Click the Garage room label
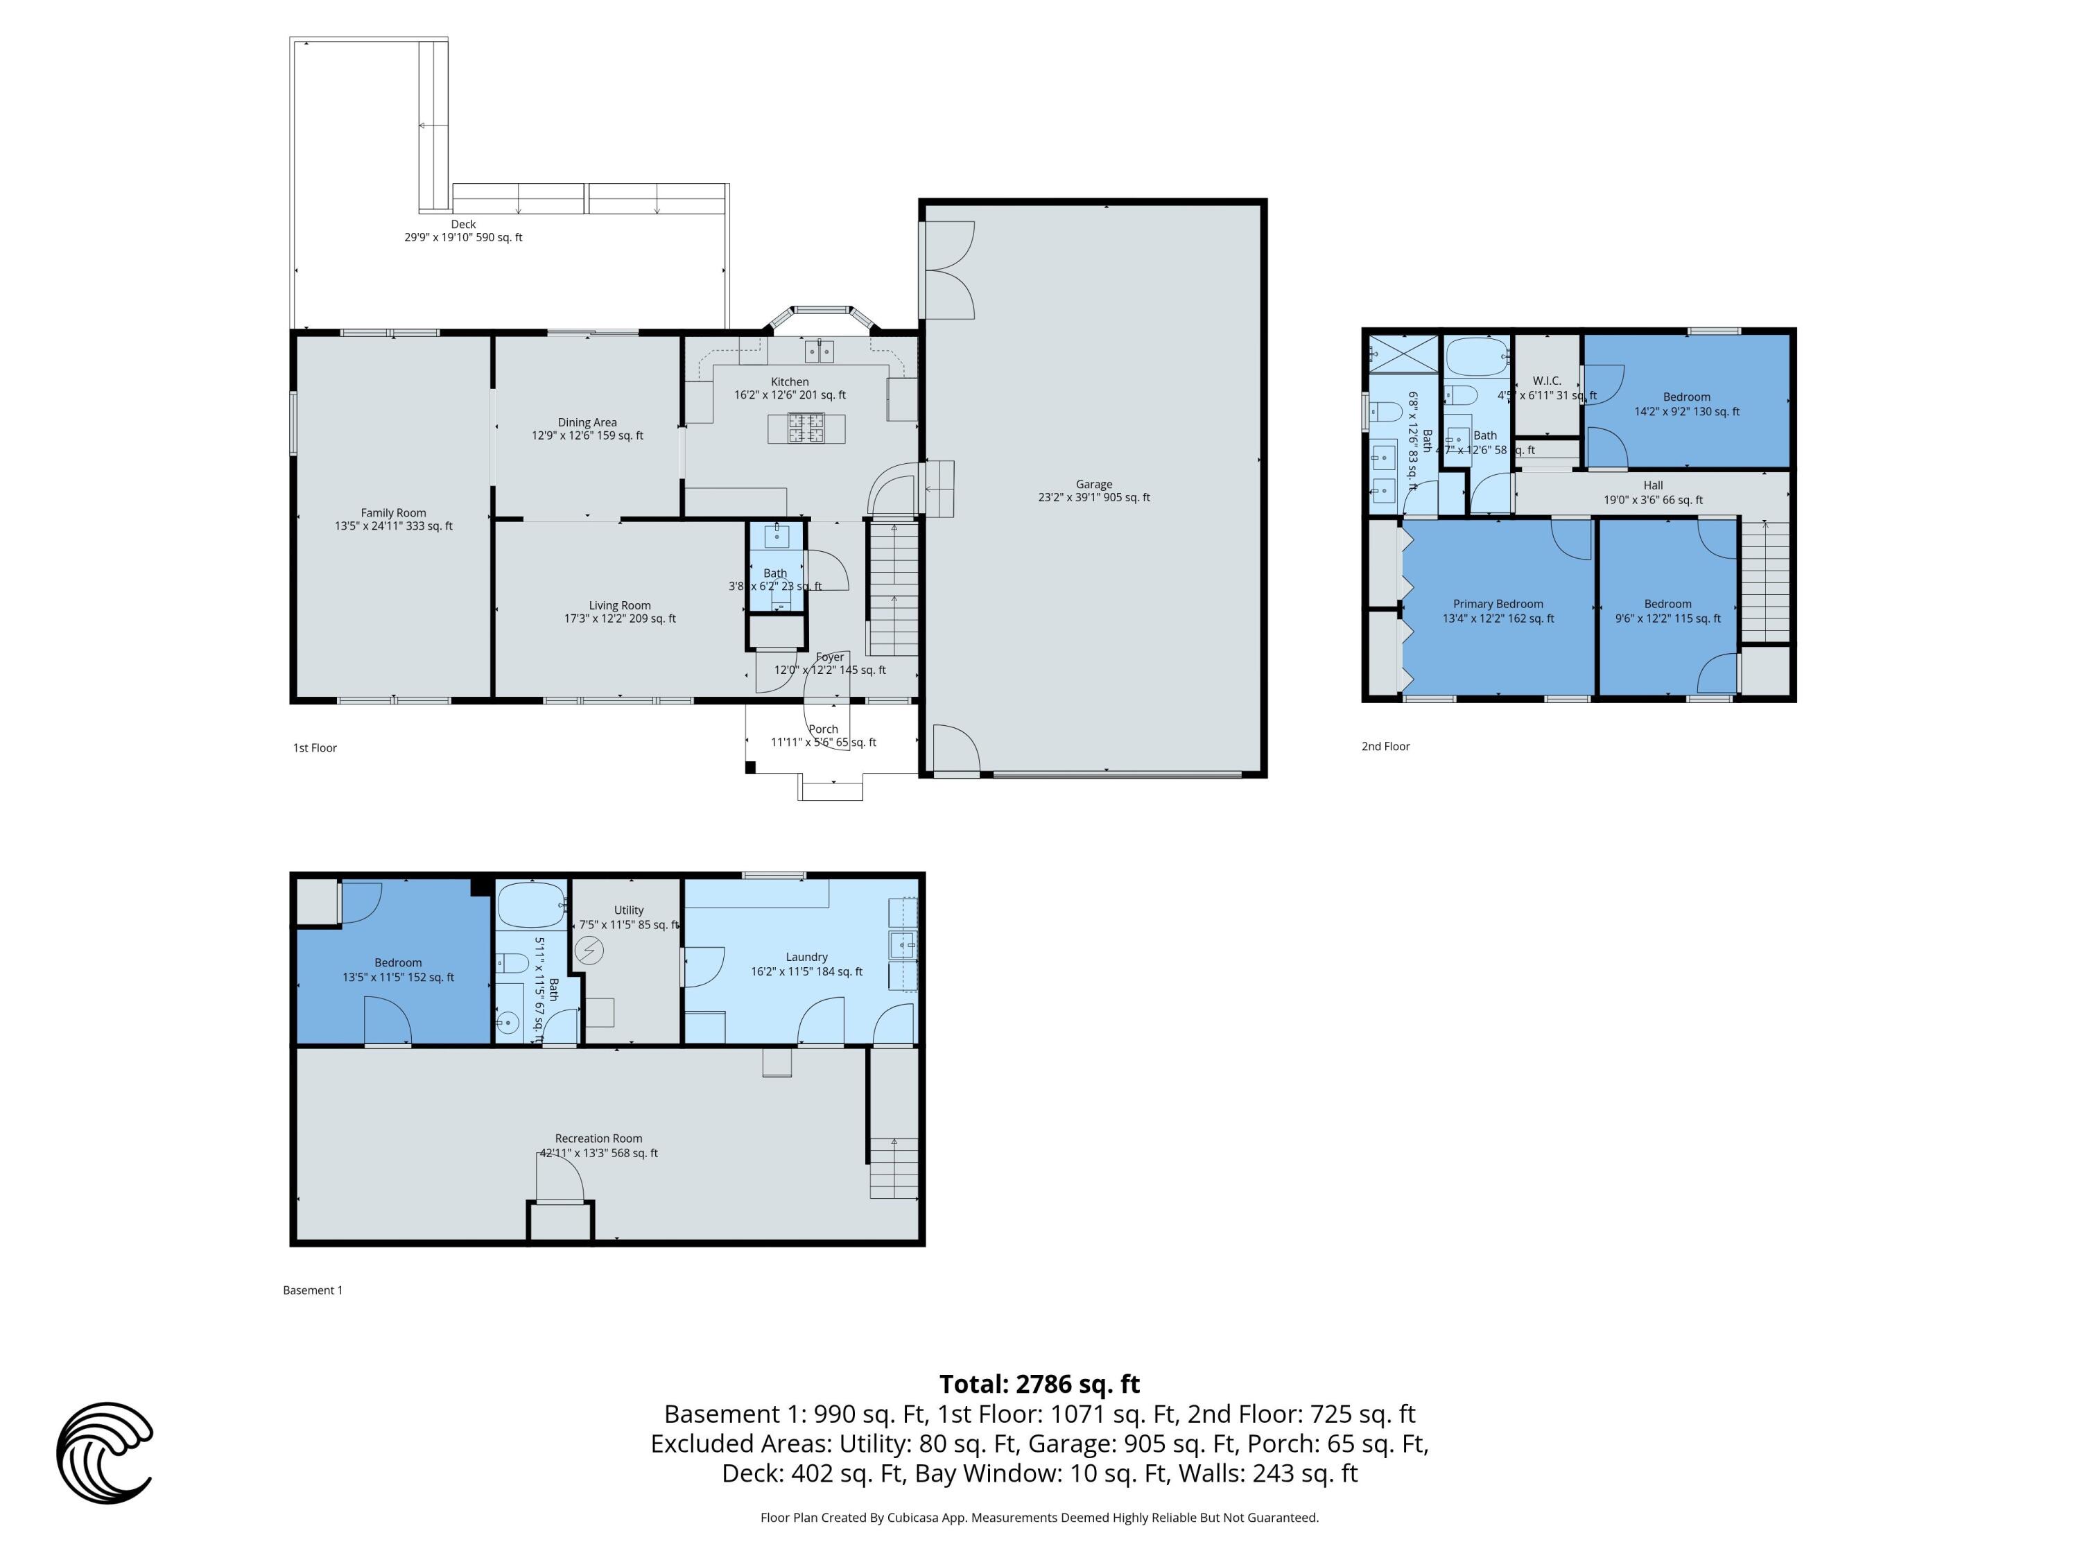click(x=1093, y=484)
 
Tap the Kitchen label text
click(x=790, y=382)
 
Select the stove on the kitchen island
click(x=806, y=428)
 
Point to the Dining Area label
click(x=587, y=422)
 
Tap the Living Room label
click(x=620, y=605)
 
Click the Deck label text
click(x=464, y=224)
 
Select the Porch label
click(x=823, y=729)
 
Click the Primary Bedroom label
click(x=1498, y=604)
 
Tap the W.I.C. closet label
click(x=1547, y=381)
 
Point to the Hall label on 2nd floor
click(x=1653, y=485)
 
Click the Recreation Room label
click(x=598, y=1138)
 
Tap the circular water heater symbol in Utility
click(x=589, y=951)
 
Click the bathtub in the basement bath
click(x=530, y=906)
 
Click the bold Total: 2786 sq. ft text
click(x=1039, y=1384)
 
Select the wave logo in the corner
click(x=103, y=1452)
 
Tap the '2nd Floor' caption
click(x=1385, y=747)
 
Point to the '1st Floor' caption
click(x=314, y=747)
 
